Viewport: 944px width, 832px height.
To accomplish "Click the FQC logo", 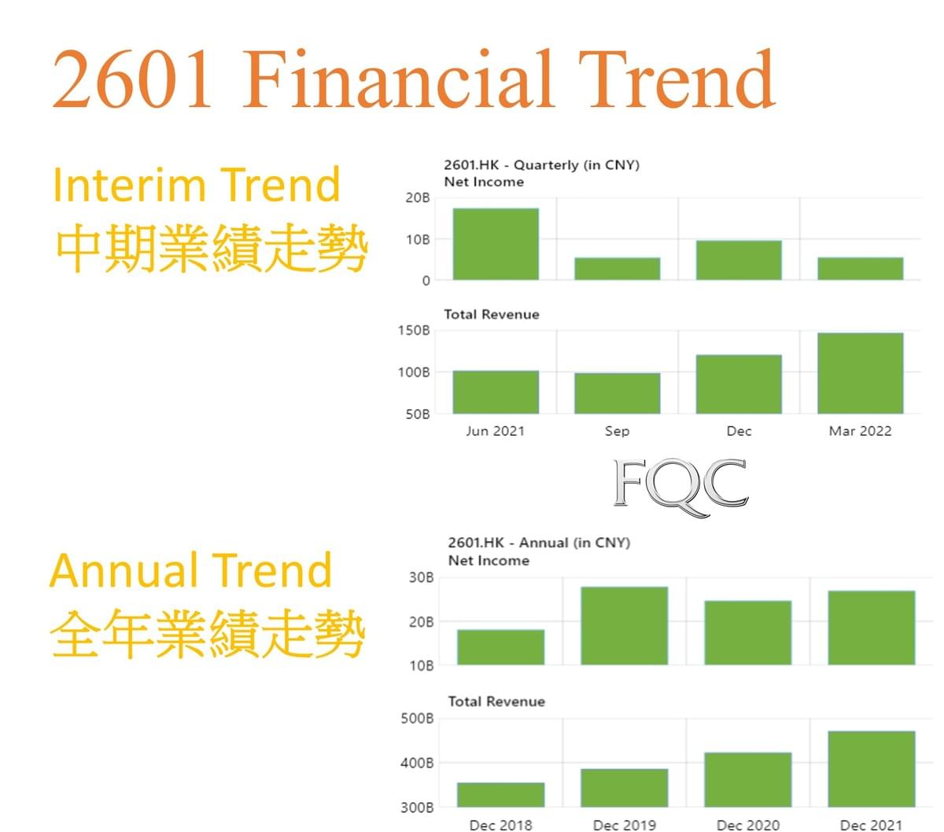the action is [x=680, y=488].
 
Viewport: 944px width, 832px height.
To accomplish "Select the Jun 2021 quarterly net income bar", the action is [x=496, y=244].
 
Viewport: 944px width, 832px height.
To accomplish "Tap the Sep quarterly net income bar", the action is [x=618, y=269].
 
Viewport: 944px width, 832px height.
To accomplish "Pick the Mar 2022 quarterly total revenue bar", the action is [x=861, y=374].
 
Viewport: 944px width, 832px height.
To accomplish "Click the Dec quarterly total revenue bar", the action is [x=739, y=385].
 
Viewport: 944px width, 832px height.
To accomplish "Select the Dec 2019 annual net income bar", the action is [x=625, y=626].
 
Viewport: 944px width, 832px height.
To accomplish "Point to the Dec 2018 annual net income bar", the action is [x=501, y=647].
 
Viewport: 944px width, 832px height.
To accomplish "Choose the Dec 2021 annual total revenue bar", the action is [x=872, y=769].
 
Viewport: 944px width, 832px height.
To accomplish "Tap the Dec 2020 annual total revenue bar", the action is [x=748, y=780].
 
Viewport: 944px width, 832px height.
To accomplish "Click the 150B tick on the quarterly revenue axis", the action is [x=414, y=331].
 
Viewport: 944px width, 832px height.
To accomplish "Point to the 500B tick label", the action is [x=417, y=718].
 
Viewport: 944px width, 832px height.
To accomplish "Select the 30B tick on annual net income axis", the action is [x=421, y=578].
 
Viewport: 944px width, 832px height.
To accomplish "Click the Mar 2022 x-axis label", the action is [x=860, y=431].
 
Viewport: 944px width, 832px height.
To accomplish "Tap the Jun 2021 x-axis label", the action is [x=496, y=431].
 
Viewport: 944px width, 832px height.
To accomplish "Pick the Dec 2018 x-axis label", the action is [x=501, y=825].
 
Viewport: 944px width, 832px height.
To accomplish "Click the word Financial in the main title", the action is [x=399, y=79].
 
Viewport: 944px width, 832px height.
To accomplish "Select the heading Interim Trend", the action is [x=197, y=185].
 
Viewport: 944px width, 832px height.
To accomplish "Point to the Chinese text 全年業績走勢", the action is [x=208, y=634].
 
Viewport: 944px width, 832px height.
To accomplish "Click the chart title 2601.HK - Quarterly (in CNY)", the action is [x=542, y=165].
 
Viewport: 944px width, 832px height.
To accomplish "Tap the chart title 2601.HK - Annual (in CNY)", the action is [x=539, y=543].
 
